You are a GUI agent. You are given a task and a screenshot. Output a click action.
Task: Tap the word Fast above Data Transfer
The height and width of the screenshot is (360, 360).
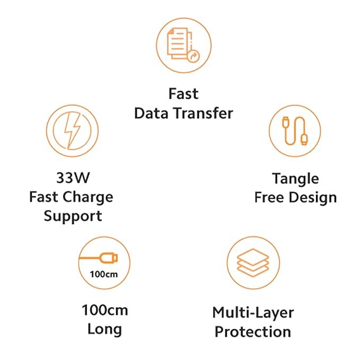(x=183, y=94)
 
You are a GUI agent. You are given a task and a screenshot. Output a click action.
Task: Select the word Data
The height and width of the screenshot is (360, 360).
(x=151, y=113)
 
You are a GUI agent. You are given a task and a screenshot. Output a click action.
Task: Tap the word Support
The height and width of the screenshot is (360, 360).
(x=73, y=216)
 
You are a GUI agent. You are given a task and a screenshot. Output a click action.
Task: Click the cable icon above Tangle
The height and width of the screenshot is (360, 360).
(x=295, y=130)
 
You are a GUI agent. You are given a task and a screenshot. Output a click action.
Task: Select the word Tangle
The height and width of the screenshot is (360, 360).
(x=295, y=178)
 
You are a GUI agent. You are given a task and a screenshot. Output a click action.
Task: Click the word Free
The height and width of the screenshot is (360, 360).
(x=269, y=198)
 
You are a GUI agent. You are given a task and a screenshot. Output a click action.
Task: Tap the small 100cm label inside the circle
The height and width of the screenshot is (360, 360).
(x=104, y=274)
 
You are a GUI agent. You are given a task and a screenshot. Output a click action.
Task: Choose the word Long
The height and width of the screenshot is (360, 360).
(x=104, y=329)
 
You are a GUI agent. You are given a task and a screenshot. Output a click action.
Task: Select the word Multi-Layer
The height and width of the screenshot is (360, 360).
(x=253, y=312)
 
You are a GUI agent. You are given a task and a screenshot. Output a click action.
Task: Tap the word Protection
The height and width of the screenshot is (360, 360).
(x=253, y=332)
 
